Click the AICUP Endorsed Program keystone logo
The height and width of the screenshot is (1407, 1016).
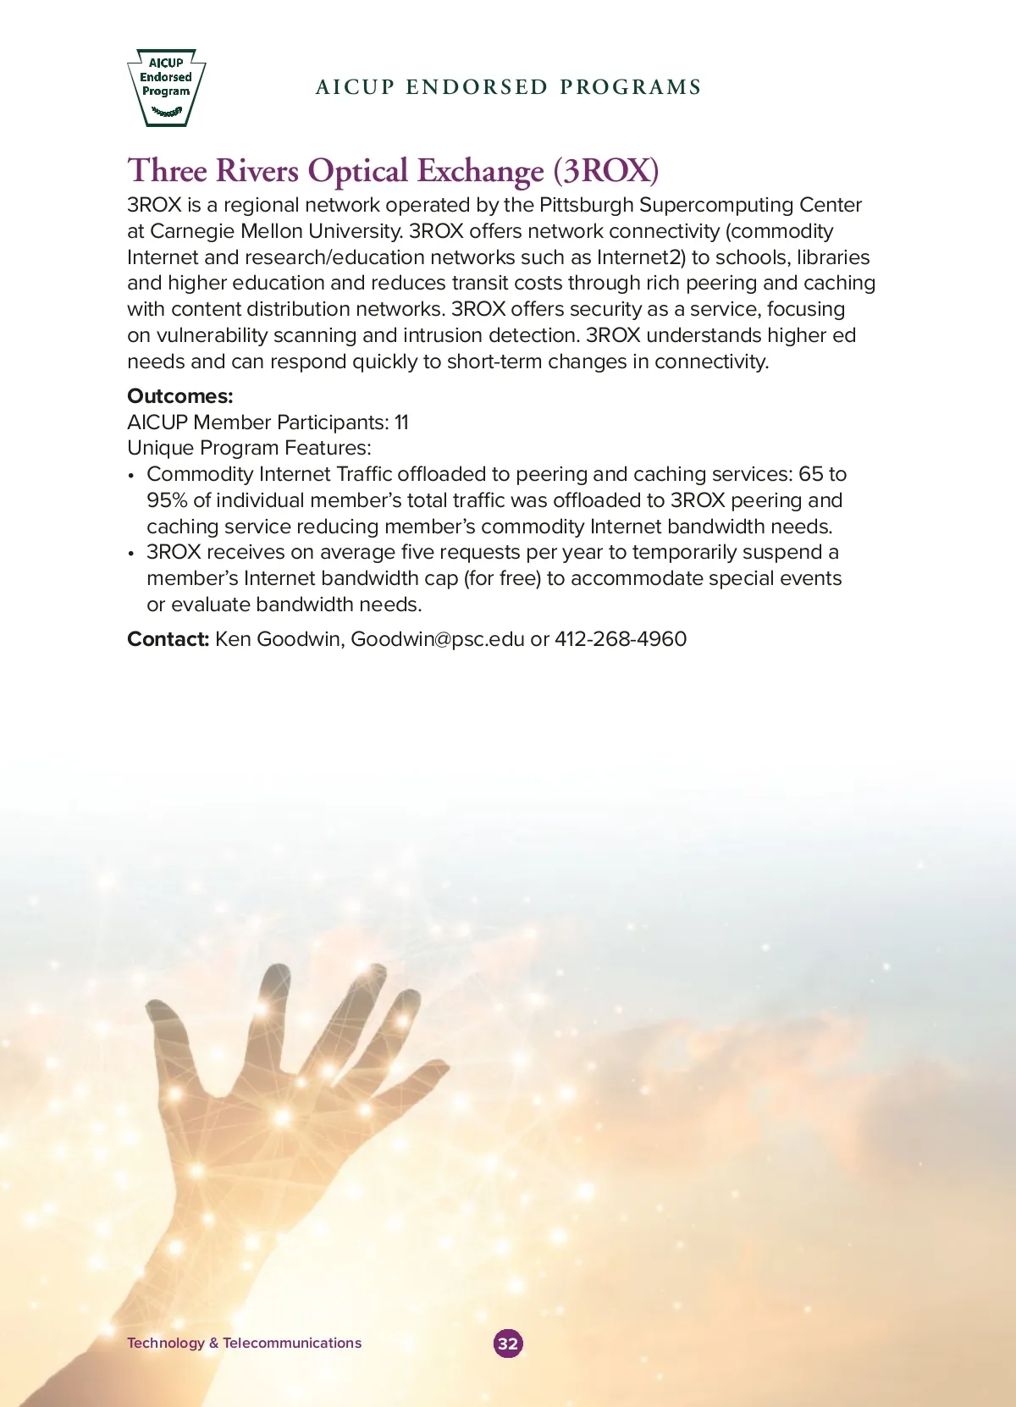pos(166,86)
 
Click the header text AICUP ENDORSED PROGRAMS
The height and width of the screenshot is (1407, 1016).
pos(508,87)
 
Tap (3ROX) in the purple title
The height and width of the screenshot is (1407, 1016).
pos(606,171)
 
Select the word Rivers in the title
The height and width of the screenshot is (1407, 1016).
pos(257,171)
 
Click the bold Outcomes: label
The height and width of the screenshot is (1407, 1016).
pos(179,396)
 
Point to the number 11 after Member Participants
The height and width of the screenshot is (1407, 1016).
pos(401,422)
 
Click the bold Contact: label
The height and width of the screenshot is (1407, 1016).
pos(168,639)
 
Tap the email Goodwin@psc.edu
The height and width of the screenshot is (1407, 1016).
pos(438,639)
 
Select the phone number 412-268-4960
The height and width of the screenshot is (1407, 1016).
pos(621,639)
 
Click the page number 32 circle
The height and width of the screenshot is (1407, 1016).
pos(508,1344)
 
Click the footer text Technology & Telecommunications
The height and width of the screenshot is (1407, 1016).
pos(244,1343)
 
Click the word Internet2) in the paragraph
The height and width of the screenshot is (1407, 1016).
pos(641,257)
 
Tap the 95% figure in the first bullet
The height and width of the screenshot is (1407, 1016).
pos(167,500)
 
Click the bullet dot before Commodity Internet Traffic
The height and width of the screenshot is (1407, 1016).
pos(131,476)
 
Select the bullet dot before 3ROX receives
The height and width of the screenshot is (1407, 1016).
pos(131,554)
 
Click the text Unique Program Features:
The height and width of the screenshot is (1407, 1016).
pos(249,448)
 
